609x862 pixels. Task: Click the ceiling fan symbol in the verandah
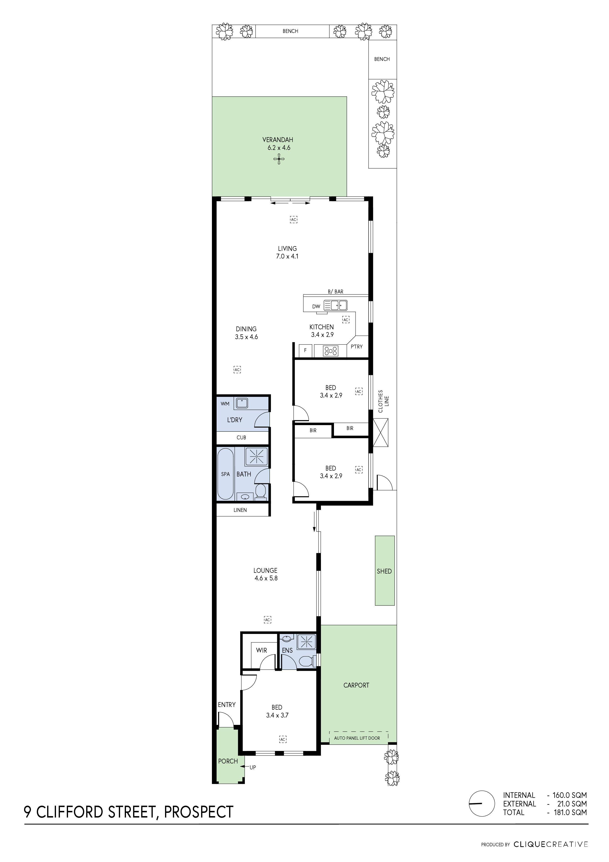(x=279, y=160)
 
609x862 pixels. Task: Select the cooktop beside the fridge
(x=331, y=351)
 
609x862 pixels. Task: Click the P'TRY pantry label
(x=357, y=346)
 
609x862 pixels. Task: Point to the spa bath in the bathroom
(x=225, y=474)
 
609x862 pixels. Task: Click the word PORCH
(x=228, y=761)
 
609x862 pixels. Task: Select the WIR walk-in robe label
(x=262, y=650)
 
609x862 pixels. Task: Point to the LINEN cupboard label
(x=240, y=510)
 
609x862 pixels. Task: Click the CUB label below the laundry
(x=241, y=437)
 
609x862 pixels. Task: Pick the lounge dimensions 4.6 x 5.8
(x=266, y=578)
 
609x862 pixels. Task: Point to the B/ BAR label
(x=335, y=291)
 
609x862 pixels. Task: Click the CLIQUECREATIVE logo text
(x=551, y=844)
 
